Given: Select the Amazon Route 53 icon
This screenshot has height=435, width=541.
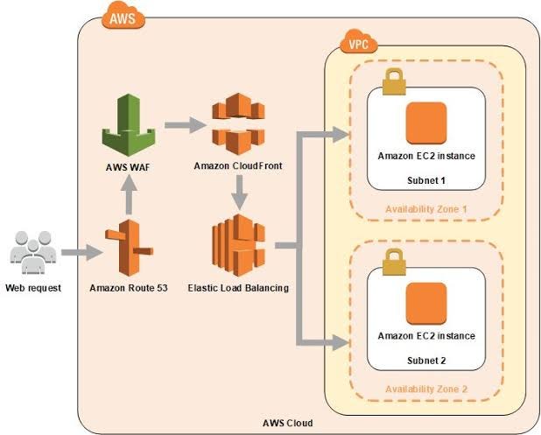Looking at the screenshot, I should point(126,250).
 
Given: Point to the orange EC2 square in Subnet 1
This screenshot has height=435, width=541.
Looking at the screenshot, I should point(425,123).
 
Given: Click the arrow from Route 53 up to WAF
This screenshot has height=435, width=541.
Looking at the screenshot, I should point(128,194).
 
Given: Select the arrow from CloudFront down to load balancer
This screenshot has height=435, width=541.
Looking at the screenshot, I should point(237,192).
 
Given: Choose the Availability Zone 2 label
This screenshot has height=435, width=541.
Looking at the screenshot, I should point(425,389).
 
